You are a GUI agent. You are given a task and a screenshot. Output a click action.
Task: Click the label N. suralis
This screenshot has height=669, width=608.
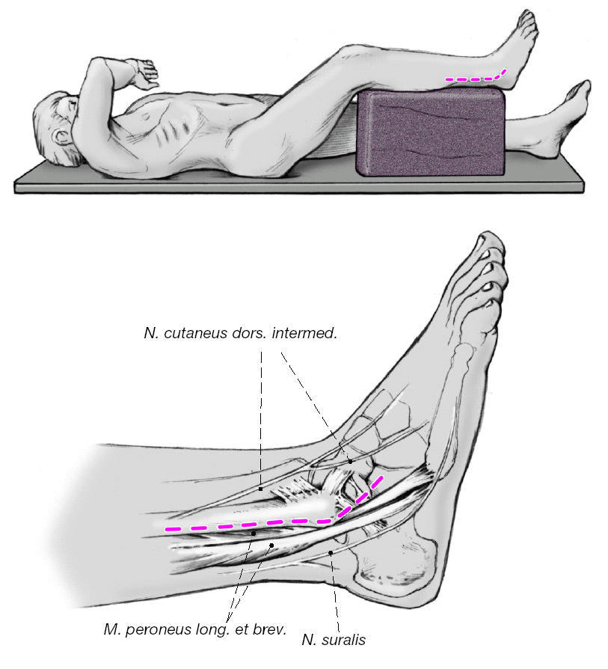pos(334,640)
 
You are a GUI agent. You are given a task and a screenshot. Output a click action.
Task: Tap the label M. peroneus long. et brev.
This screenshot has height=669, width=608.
pos(194,629)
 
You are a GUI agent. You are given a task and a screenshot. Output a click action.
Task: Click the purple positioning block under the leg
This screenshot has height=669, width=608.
pos(432,132)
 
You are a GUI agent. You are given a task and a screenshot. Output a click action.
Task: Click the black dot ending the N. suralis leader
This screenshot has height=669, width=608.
pos(330,553)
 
